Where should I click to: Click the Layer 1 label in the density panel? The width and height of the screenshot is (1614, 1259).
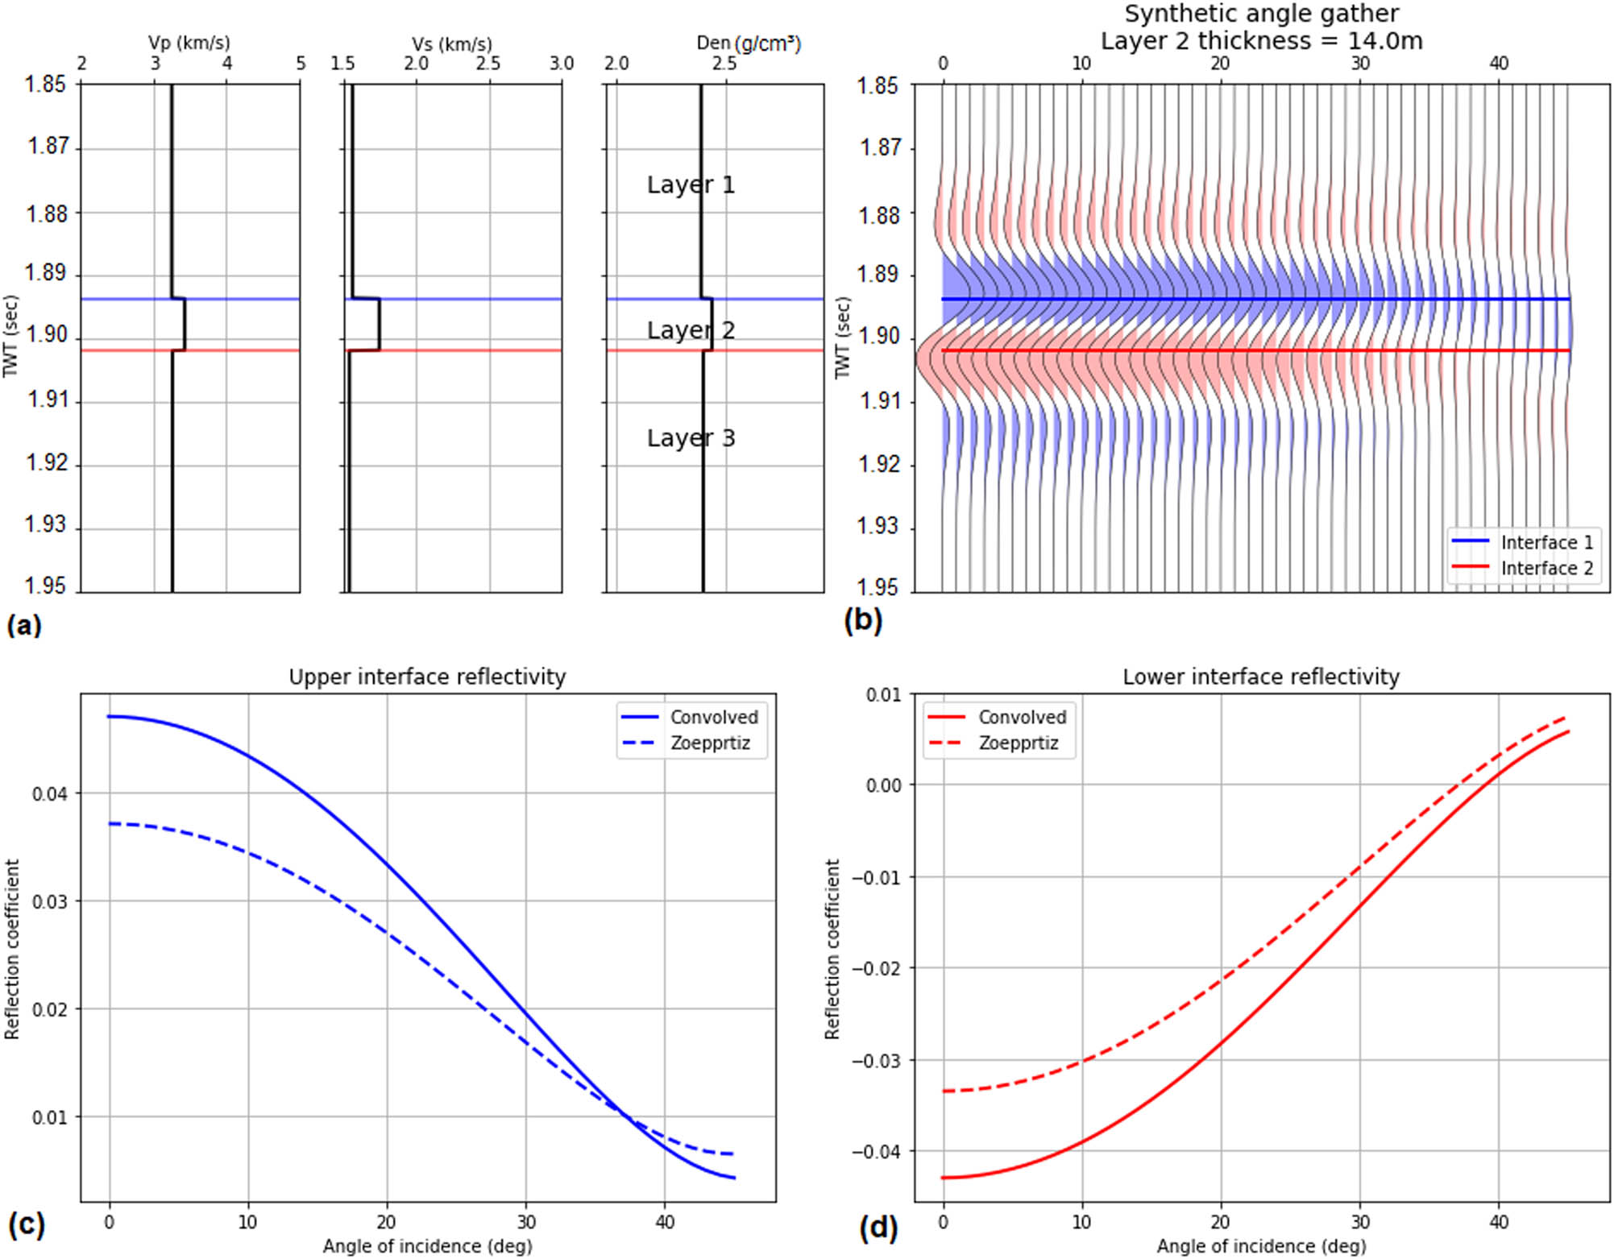tap(691, 185)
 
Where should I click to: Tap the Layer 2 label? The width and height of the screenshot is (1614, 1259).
tap(691, 330)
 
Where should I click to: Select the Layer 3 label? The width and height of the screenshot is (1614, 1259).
tap(691, 438)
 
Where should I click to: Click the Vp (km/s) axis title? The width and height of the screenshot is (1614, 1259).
tap(189, 43)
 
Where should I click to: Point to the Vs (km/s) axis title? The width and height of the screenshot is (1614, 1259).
tap(451, 43)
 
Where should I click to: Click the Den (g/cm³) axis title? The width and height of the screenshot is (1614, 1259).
tap(749, 43)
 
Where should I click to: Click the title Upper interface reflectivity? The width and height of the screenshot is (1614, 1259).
tap(427, 677)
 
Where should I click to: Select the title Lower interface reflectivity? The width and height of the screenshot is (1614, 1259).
tap(1261, 677)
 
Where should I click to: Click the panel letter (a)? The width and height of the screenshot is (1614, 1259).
tap(23, 625)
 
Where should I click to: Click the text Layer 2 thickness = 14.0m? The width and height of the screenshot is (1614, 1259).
tap(1261, 40)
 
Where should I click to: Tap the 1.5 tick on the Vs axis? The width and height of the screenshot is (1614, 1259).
tap(343, 63)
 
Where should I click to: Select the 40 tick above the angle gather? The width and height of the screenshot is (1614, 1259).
tap(1498, 63)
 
